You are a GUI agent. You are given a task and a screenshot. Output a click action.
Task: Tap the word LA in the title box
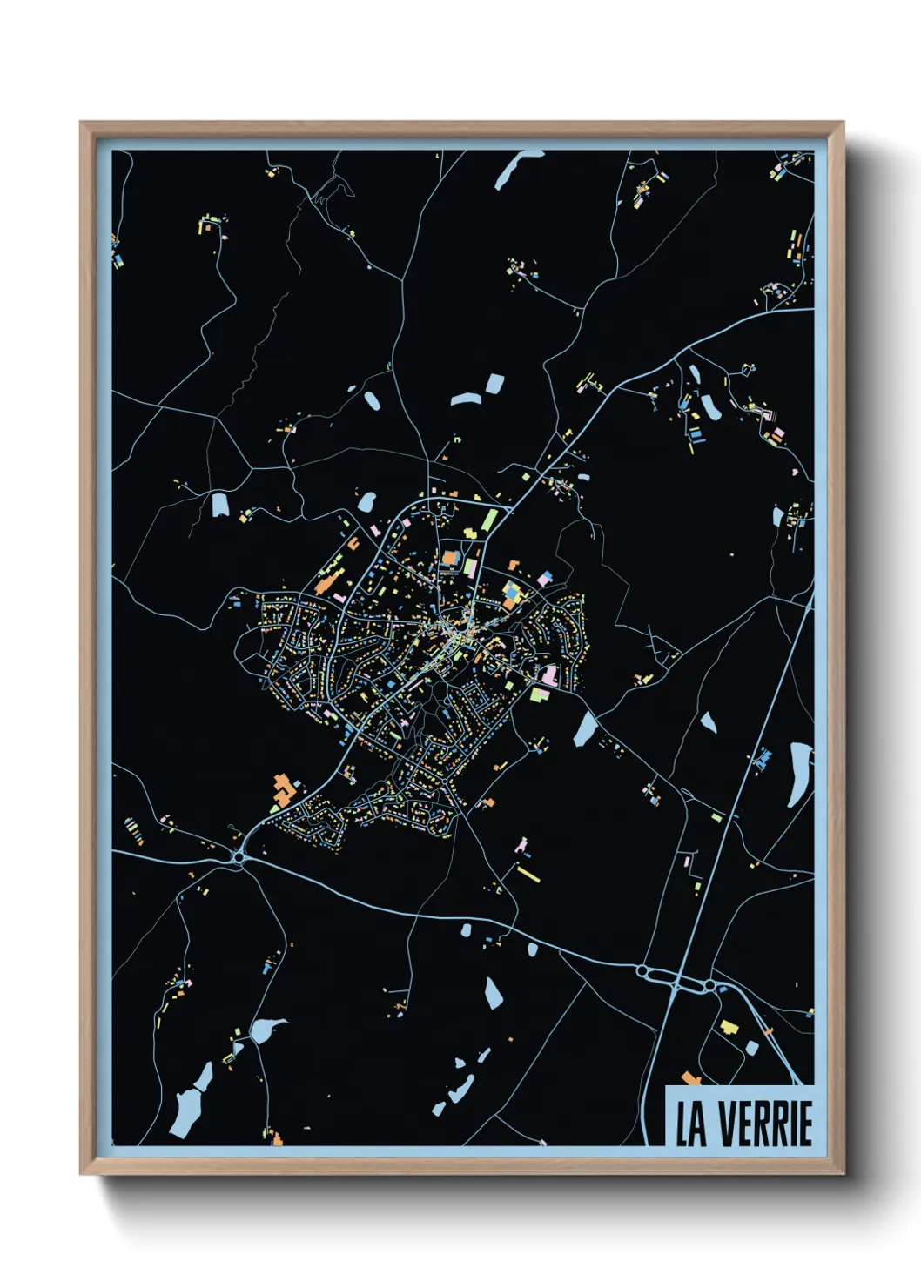(691, 1124)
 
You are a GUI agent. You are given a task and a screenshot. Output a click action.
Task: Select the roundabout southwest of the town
(239, 857)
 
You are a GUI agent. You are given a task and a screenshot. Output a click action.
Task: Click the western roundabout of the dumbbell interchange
(643, 969)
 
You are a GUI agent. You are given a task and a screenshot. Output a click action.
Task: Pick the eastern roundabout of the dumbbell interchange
(709, 984)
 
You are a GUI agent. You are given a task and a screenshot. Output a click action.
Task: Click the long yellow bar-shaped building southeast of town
(528, 873)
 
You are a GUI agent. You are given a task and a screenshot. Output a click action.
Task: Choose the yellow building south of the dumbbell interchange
(728, 1026)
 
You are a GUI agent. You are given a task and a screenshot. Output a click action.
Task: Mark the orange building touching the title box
(690, 1079)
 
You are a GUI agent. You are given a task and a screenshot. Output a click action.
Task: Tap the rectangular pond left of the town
(219, 505)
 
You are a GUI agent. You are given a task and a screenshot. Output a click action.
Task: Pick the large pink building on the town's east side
(549, 675)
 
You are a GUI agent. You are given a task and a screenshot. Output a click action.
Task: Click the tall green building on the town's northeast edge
(488, 521)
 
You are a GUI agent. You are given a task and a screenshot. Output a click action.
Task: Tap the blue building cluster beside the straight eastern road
(763, 758)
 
